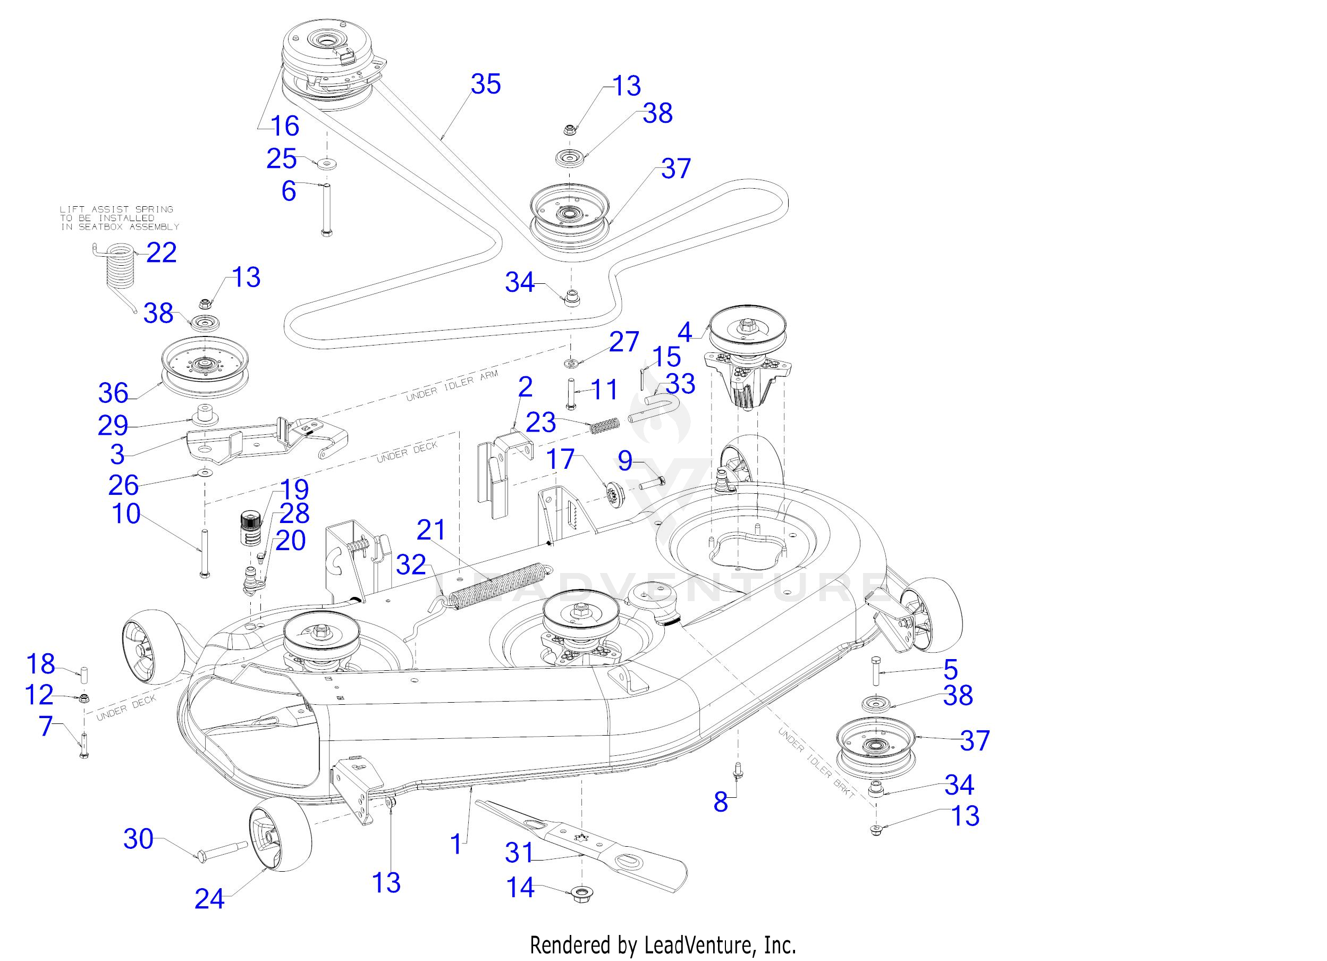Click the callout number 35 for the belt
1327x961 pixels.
486,85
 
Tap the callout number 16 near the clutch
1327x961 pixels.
285,126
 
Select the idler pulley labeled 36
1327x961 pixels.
205,373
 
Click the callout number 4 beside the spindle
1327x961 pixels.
684,332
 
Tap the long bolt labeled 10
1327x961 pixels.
204,554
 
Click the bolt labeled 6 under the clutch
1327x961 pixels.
326,209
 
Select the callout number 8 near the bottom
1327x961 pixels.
721,802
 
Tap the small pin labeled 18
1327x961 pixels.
83,673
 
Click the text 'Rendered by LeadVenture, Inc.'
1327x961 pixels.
663,945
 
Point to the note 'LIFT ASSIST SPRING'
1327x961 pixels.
116,209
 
